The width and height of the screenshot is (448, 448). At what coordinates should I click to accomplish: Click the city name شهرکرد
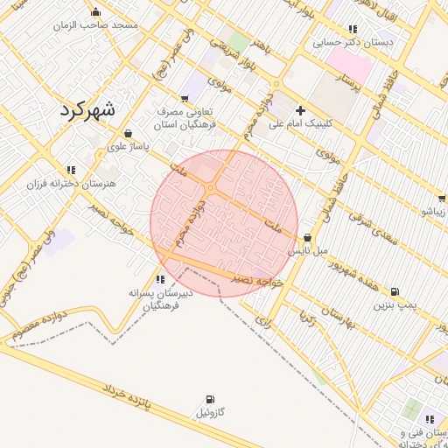coord(87,110)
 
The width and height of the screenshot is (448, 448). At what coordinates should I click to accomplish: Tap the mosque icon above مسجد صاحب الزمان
coord(95,12)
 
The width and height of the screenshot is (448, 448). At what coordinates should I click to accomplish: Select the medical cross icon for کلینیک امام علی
coord(301,110)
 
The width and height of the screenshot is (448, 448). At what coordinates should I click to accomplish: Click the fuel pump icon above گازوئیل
coord(209,399)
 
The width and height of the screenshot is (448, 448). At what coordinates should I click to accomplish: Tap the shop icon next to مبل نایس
coord(307,238)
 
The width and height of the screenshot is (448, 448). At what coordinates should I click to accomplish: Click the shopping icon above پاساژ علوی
coord(129,134)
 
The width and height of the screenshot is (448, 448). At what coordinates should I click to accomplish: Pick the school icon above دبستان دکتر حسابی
coord(353,28)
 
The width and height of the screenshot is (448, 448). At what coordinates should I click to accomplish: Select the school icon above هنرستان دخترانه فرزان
coord(71,170)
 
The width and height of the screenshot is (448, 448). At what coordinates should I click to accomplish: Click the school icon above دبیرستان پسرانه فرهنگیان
coord(158,278)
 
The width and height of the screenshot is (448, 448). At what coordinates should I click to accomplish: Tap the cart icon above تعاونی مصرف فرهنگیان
coord(185,98)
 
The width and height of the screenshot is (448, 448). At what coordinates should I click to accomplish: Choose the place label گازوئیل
coord(210,412)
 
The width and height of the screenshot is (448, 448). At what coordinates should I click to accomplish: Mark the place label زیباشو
coord(434,212)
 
